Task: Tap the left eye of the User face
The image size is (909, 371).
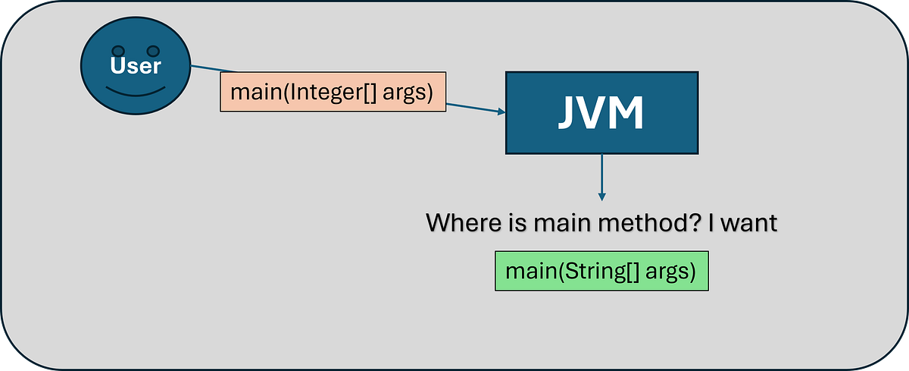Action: coord(118,52)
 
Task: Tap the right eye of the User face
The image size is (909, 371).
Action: coord(153,52)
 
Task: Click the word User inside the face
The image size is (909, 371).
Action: coord(136,66)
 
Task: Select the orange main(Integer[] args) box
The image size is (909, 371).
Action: coord(333,93)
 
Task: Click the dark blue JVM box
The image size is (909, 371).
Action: coord(601,112)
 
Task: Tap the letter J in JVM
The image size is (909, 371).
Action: coord(567,113)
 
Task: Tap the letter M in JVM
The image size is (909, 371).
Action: coord(628,113)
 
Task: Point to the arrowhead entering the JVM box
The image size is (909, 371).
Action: coord(501,112)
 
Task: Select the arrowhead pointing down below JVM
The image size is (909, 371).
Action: coord(601,197)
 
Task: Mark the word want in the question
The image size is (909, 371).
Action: coord(750,224)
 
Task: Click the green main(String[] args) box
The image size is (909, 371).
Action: coord(601,271)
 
